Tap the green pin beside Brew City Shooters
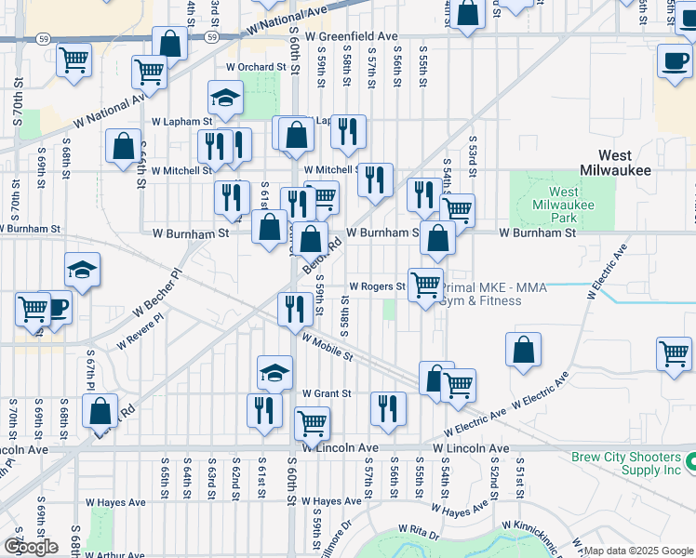pos(690,461)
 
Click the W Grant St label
pos(326,393)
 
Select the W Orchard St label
pos(256,67)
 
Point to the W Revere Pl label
pos(141,331)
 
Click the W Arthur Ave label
pos(114,555)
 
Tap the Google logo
pos(31,547)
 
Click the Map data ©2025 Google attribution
pos(638,551)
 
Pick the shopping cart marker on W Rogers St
pos(425,286)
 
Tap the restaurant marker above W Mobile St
pos(295,308)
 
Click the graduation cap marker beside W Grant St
pos(274,372)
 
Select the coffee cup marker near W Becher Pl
pos(56,309)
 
